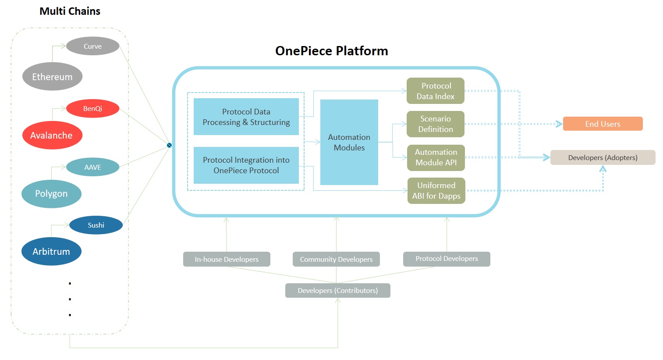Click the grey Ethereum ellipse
52,77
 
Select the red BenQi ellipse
92,108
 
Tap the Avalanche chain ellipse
52,135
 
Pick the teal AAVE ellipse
92,167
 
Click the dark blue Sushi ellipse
96,225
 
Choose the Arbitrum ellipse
51,251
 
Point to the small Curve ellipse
92,46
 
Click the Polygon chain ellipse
51,193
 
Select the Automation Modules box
349,142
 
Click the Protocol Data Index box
435,91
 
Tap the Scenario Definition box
435,124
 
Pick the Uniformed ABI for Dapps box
436,190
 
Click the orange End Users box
603,124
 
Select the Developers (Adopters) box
603,157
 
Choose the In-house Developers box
227,259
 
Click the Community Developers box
336,259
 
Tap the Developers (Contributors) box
337,290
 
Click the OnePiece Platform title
331,51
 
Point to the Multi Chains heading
70,11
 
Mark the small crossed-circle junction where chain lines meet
169,145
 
